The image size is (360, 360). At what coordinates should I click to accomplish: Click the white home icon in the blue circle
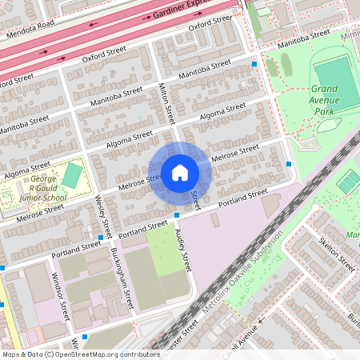[x=179, y=172]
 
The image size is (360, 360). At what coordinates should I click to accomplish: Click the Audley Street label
[x=183, y=250]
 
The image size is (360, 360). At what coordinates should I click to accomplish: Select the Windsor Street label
[x=58, y=297]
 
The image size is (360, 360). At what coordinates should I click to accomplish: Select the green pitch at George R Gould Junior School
[x=72, y=175]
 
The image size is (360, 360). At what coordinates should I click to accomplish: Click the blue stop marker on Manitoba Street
[x=254, y=64]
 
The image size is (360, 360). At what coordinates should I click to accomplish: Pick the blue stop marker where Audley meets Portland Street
[x=177, y=215]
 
